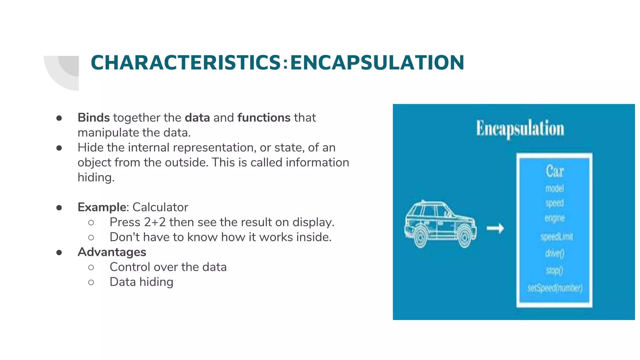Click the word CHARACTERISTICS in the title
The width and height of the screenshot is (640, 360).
[186, 62]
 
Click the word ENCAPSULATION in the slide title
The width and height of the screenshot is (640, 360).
[377, 62]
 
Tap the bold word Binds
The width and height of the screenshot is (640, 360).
[93, 117]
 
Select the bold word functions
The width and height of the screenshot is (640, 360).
[264, 117]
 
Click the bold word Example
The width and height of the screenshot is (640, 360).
[102, 207]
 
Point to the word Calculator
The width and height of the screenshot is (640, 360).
[160, 207]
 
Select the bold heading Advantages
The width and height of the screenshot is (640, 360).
[112, 252]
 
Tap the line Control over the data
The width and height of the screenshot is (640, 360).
[168, 267]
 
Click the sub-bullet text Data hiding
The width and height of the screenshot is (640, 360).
[141, 282]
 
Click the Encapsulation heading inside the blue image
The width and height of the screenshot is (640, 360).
[520, 129]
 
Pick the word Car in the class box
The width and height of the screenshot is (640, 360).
[554, 171]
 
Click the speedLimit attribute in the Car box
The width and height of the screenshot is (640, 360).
[557, 237]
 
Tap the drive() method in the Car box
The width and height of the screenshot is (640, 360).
[554, 253]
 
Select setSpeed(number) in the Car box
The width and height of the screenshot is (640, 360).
[555, 287]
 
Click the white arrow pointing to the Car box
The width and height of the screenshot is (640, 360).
[495, 228]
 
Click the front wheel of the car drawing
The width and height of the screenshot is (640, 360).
[465, 237]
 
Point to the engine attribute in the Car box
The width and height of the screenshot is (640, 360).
[554, 218]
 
